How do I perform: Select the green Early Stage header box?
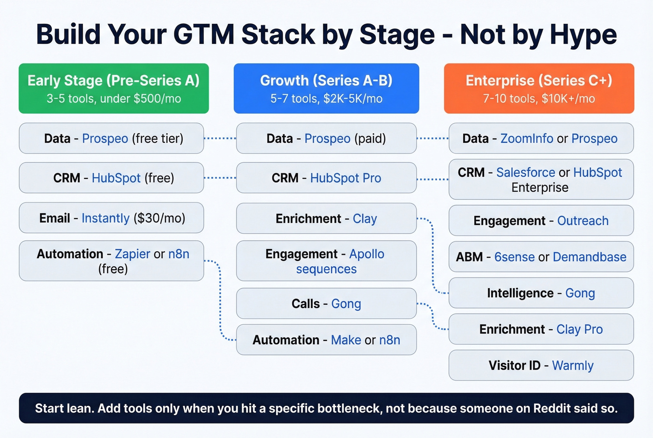point(113,89)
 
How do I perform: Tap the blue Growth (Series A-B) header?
point(326,89)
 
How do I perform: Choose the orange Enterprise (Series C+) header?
point(539,89)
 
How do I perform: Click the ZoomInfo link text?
point(527,139)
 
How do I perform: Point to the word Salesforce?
point(526,173)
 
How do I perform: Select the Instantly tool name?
point(105,218)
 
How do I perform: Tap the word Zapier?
point(132,254)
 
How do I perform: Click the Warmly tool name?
point(573,366)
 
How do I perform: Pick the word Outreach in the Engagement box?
point(583,221)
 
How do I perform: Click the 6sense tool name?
point(514,257)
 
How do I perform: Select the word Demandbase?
point(590,257)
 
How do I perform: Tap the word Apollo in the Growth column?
point(367,254)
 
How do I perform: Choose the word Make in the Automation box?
point(346,340)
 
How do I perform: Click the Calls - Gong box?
point(326,304)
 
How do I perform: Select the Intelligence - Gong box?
point(541,293)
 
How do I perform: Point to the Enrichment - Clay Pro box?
point(541,329)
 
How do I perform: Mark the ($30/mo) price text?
point(160,218)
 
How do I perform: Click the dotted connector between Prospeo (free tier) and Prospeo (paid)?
point(220,139)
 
